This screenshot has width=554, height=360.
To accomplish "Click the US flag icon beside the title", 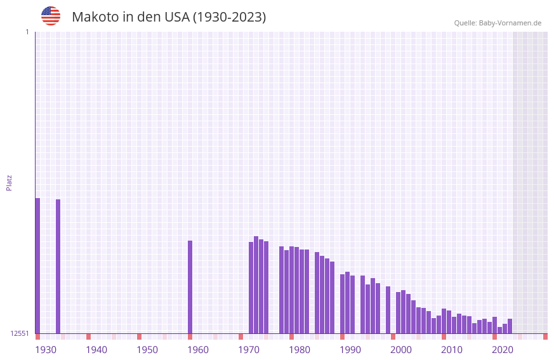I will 51,16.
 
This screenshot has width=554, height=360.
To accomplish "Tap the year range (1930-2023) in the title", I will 229,17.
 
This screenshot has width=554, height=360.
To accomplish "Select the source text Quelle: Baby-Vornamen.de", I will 498,23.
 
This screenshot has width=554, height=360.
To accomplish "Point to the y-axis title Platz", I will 9,182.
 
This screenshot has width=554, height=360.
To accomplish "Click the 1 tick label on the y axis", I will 27,32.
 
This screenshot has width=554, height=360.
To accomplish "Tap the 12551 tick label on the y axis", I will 20,333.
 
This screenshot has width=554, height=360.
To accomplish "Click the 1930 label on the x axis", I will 46,349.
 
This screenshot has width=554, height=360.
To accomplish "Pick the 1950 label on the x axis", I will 147,349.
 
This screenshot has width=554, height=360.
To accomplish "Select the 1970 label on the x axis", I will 249,349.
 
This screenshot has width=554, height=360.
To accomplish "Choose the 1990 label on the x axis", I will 350,349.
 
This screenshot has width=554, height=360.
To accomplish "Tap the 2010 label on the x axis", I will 452,349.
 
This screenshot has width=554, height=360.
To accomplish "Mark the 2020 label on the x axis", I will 503,349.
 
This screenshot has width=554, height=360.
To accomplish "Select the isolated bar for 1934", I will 58,266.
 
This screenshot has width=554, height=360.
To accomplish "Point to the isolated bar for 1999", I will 388,310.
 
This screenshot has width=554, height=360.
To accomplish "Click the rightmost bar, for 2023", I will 510,326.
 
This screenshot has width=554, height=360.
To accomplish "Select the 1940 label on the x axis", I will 96,349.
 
